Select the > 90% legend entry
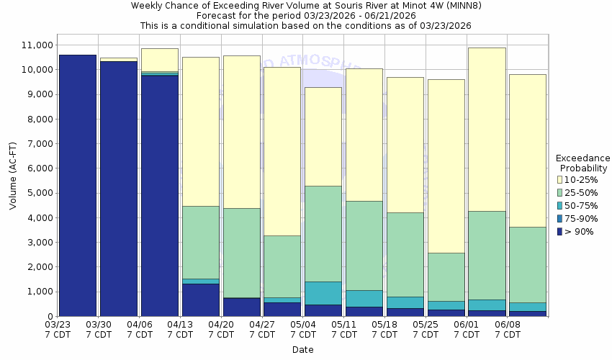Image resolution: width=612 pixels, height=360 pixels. pos(580,231)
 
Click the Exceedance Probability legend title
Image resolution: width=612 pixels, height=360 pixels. pos(583,163)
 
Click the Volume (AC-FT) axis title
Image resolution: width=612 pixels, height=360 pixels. pos(13,180)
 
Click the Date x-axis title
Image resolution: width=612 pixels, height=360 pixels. pos(302,350)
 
